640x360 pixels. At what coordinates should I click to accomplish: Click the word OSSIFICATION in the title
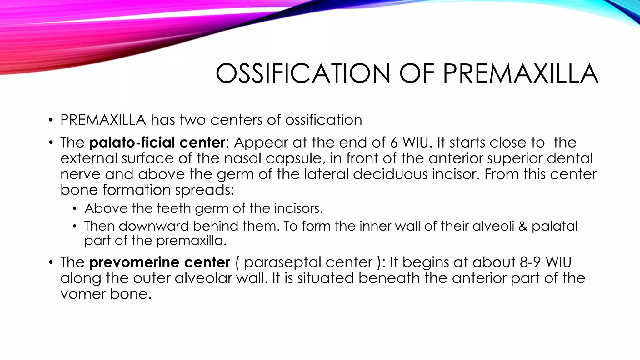click(303, 73)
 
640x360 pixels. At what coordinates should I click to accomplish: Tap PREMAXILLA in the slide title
click(521, 73)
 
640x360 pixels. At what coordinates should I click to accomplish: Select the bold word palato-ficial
click(132, 143)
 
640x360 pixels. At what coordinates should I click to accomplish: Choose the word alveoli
click(493, 226)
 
